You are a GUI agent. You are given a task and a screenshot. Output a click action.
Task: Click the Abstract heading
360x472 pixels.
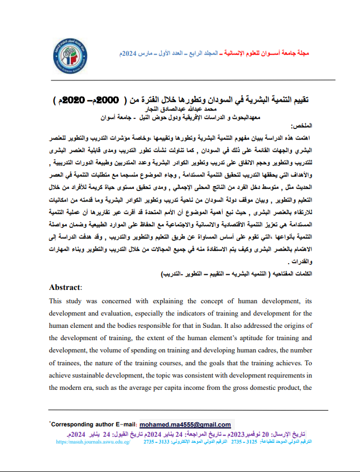click(x=65, y=287)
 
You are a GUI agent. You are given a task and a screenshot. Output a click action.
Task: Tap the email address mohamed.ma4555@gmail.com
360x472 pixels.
click(x=185, y=425)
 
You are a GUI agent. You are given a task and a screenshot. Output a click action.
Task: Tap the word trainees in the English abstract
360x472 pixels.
click(x=68, y=363)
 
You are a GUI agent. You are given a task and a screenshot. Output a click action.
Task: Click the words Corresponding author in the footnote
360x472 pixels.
click(x=81, y=425)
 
